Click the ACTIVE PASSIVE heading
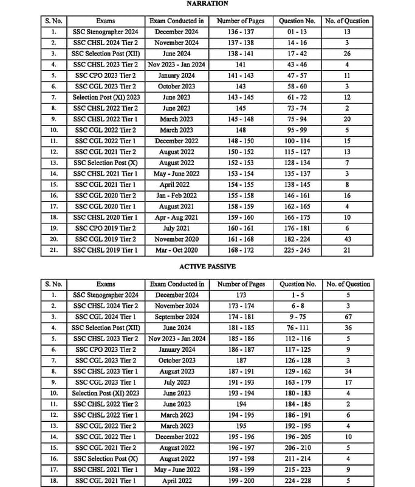point(207,267)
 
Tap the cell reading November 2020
point(176,239)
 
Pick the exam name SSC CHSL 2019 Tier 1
point(106,250)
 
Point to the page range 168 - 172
point(241,250)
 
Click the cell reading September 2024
point(177,317)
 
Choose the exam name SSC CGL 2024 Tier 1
point(106,317)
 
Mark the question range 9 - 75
point(297,317)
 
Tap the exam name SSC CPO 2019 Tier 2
point(106,228)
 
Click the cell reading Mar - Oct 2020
point(176,250)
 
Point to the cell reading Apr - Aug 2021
point(176,217)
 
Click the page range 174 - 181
point(241,317)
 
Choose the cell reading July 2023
point(177,382)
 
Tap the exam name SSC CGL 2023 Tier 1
point(106,382)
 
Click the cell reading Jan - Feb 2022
point(176,195)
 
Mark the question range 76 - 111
point(297,328)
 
